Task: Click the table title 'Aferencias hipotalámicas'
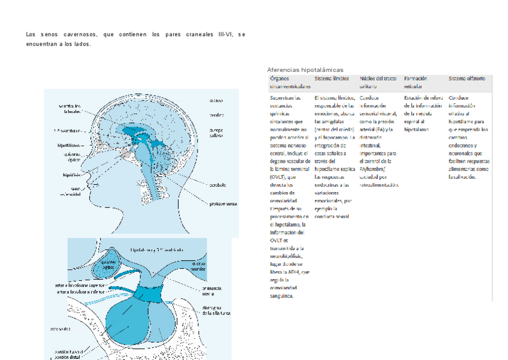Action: click(x=305, y=70)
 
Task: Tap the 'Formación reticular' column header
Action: click(x=415, y=82)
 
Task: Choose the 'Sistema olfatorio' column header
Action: click(x=467, y=79)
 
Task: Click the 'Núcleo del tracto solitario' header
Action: click(x=378, y=82)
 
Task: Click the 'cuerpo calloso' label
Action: click(x=216, y=133)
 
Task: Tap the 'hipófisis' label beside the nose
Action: click(x=72, y=175)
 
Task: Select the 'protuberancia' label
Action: click(x=223, y=203)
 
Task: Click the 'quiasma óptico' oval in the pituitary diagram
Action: click(x=108, y=266)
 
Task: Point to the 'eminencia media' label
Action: click(x=207, y=290)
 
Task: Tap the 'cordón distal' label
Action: click(x=66, y=356)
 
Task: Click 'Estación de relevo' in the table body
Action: click(x=424, y=98)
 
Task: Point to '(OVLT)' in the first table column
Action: click(x=279, y=176)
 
